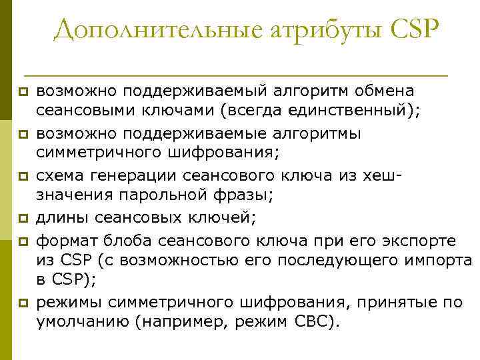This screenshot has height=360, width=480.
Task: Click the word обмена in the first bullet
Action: pos(383,91)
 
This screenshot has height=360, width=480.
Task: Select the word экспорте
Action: pos(413,239)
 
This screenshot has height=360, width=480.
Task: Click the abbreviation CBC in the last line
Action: pos(313,321)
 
